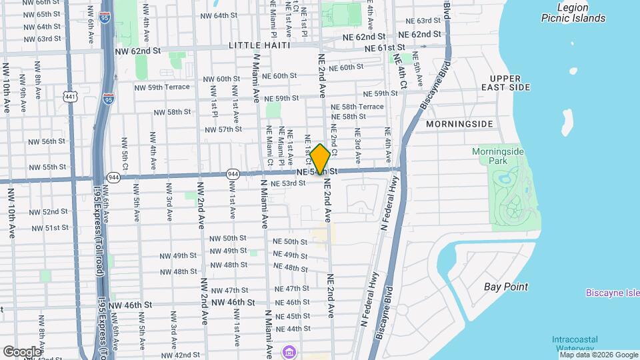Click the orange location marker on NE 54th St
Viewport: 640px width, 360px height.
click(320, 159)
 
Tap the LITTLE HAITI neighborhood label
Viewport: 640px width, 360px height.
click(259, 45)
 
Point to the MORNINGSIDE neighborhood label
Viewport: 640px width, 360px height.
click(459, 124)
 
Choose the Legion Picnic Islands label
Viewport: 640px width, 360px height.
click(573, 13)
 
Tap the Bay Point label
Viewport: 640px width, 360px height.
click(505, 287)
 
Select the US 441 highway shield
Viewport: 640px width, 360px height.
click(71, 97)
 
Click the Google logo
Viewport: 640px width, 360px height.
click(21, 351)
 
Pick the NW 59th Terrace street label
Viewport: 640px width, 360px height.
click(162, 87)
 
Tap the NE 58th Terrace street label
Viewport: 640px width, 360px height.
click(363, 106)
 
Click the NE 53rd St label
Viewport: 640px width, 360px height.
click(288, 183)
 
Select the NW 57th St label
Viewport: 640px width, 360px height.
click(220, 129)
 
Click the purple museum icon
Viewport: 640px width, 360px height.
click(289, 351)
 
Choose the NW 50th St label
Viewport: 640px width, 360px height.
click(228, 238)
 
